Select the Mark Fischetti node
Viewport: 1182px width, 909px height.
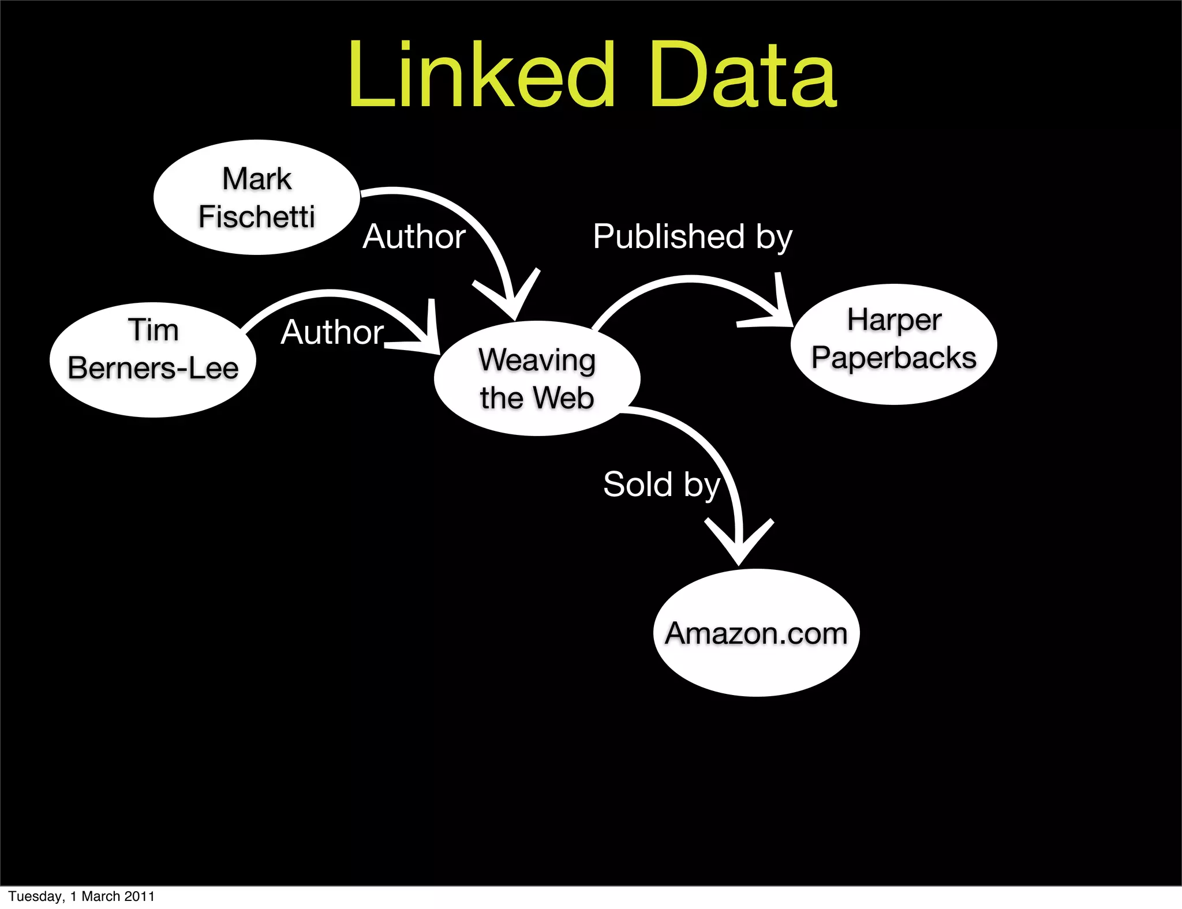point(257,197)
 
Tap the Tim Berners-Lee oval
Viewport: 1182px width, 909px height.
point(153,360)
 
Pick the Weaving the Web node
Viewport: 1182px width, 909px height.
point(537,378)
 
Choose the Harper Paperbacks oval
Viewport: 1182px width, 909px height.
point(894,344)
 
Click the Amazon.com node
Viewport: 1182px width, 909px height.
point(756,633)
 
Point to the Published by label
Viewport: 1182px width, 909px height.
point(693,236)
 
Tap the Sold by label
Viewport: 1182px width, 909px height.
point(661,484)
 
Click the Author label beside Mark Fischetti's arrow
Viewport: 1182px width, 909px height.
point(414,236)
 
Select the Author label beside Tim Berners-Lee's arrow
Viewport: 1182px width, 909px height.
point(332,332)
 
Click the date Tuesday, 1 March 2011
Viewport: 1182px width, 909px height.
point(81,896)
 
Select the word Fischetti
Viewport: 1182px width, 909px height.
point(257,217)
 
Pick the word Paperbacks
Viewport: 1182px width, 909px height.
point(894,358)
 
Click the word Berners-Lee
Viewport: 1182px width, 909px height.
point(153,368)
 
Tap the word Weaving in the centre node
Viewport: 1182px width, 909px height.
point(537,360)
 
